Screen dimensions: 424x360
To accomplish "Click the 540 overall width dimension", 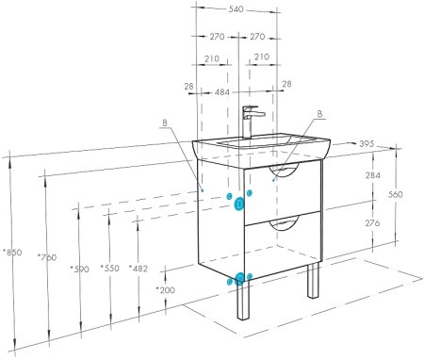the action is point(236,9).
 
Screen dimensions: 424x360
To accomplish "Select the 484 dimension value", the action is point(222,92).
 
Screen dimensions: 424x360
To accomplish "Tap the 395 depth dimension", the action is point(367,144).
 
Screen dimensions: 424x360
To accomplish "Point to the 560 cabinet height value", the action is point(395,195).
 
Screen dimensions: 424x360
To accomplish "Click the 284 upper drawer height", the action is point(373,175).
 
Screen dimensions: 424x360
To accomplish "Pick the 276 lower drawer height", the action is point(372,223).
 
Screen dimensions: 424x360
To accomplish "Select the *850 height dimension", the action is point(12,253).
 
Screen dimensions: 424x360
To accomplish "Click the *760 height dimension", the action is point(47,257).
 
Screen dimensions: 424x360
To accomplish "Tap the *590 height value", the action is point(79,270).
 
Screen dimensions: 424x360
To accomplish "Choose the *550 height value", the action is point(109,269).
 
